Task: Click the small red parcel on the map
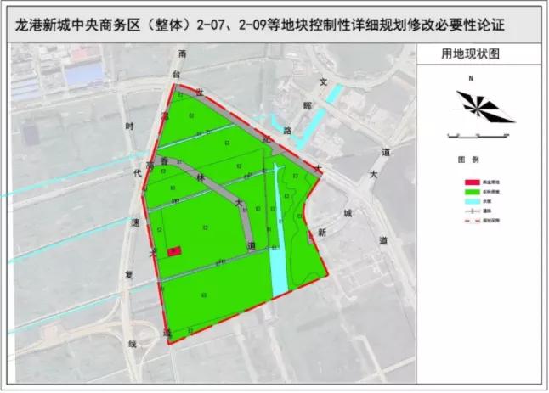[173, 251]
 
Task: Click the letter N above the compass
[469, 79]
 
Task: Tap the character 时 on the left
[130, 126]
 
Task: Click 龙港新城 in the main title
[51, 25]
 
